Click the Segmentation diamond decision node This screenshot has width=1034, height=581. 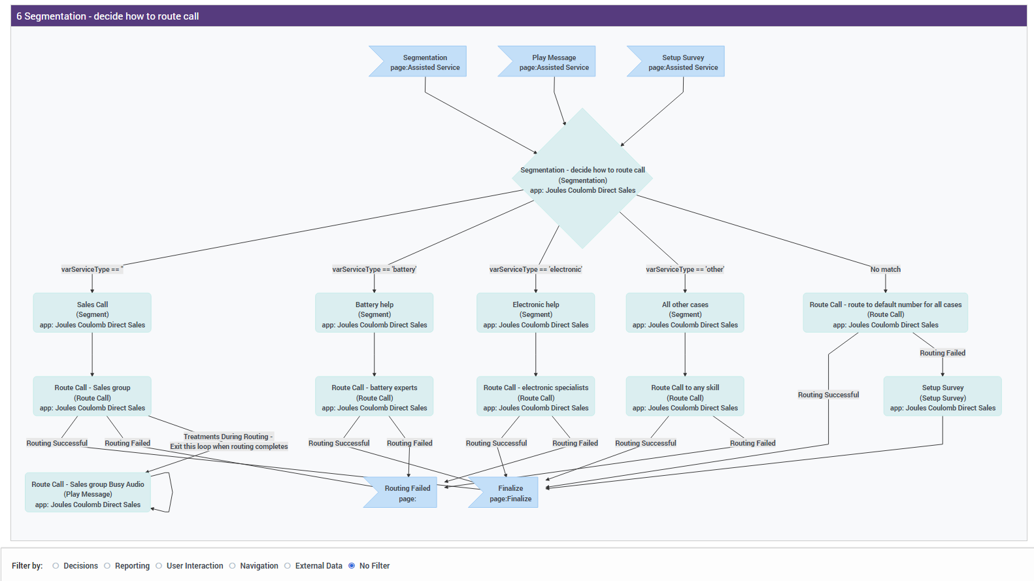click(x=582, y=179)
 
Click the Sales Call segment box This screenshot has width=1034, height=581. click(x=92, y=314)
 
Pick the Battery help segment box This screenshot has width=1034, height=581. click(x=374, y=314)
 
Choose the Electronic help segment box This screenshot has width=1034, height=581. click(x=535, y=314)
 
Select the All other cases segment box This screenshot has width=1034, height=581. click(x=684, y=314)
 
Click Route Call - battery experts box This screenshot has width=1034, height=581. click(x=374, y=397)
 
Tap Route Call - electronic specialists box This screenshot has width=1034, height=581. click(x=535, y=397)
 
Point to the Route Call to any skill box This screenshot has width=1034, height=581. click(x=684, y=397)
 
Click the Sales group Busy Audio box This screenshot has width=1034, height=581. click(x=88, y=493)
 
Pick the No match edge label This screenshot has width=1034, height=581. click(x=885, y=269)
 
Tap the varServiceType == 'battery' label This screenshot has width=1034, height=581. click(x=374, y=269)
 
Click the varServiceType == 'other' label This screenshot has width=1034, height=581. click(x=684, y=269)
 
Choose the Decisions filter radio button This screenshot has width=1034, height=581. click(x=56, y=566)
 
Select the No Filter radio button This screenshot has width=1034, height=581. click(x=352, y=566)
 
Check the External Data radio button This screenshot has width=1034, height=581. click(x=288, y=566)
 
